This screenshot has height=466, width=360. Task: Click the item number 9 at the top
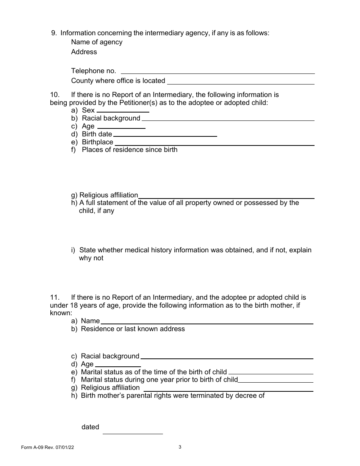click(x=54, y=33)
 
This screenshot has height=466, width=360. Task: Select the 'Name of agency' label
click(x=97, y=42)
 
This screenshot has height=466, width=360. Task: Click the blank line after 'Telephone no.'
click(x=218, y=72)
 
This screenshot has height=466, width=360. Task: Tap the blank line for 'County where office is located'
click(x=241, y=82)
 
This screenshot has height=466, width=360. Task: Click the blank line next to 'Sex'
click(x=123, y=111)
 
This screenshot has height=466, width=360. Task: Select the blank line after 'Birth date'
click(x=165, y=135)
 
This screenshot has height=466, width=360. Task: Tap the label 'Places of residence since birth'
click(x=130, y=150)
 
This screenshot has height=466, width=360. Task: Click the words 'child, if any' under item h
click(x=96, y=211)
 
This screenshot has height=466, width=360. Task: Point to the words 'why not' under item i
click(x=91, y=258)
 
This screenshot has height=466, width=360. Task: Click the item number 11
click(x=55, y=297)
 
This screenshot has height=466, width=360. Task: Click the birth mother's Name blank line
click(x=207, y=322)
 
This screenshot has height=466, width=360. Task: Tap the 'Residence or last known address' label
click(x=133, y=329)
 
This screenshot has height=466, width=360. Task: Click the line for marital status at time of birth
click(x=271, y=373)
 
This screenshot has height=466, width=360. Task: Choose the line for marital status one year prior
click(x=275, y=381)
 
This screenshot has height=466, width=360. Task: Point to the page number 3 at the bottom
click(x=180, y=447)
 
